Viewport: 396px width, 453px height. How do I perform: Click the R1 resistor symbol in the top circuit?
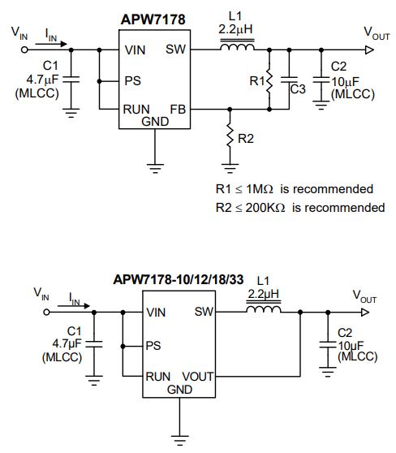click(x=269, y=80)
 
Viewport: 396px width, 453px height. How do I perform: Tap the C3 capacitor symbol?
click(x=289, y=80)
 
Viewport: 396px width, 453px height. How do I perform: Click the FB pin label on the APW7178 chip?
click(x=178, y=110)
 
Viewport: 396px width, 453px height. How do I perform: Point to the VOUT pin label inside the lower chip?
click(x=198, y=377)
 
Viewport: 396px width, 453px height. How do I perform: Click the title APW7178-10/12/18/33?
click(x=179, y=279)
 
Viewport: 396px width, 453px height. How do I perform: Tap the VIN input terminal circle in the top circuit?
click(x=24, y=50)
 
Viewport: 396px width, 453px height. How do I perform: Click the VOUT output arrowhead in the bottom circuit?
click(x=365, y=313)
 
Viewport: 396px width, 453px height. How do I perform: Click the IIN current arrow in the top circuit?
click(x=51, y=44)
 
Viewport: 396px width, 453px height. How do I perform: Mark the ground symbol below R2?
click(x=230, y=168)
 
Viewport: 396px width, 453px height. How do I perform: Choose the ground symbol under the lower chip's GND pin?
click(x=179, y=440)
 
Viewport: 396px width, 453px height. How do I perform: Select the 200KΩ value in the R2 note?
click(x=265, y=208)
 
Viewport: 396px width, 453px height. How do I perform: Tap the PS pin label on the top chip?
click(x=132, y=81)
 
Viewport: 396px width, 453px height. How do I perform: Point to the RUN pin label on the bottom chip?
click(x=158, y=377)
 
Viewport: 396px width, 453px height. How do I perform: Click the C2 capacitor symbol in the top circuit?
click(x=321, y=80)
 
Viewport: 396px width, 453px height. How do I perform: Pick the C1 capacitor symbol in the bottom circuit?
click(x=94, y=343)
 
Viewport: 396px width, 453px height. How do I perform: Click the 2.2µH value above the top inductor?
click(x=235, y=29)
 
